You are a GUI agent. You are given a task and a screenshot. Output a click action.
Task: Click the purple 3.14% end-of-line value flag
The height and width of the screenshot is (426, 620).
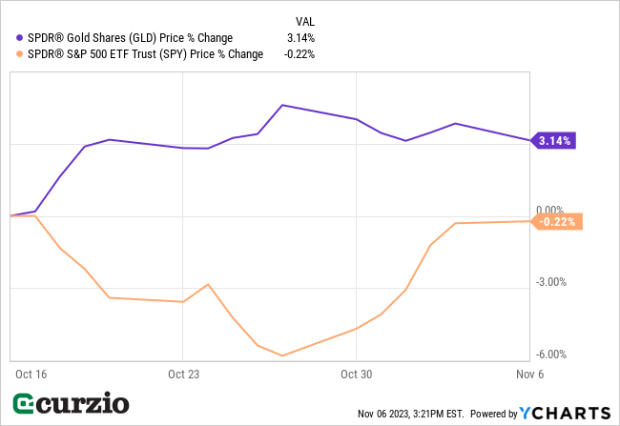pyautogui.click(x=554, y=141)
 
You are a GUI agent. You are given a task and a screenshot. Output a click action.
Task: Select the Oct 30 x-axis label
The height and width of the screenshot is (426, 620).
pyautogui.click(x=355, y=375)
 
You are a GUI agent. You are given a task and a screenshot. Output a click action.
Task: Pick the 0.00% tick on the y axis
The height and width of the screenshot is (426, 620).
pyautogui.click(x=551, y=210)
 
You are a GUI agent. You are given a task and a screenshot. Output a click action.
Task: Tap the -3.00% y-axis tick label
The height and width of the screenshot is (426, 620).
pyautogui.click(x=551, y=282)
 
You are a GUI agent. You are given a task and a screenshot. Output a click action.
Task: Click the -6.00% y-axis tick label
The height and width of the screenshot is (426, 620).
pyautogui.click(x=551, y=355)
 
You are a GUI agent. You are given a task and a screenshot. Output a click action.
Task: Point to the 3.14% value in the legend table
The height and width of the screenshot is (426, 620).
pyautogui.click(x=301, y=38)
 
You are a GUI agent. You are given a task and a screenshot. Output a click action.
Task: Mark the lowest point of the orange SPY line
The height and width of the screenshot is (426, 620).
pyautogui.click(x=282, y=355)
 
